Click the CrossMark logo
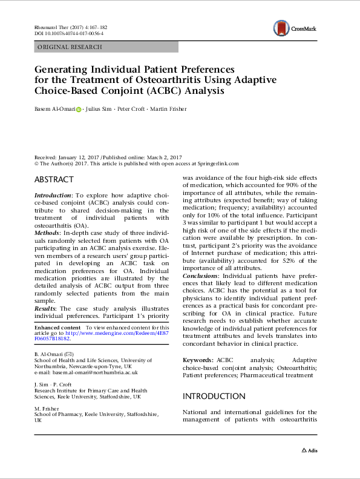293,28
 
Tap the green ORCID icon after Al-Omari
78,109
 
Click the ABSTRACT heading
54,180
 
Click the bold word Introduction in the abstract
52,196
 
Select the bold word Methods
47,232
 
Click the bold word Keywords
197,360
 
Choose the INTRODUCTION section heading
214,397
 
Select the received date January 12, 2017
75,156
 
